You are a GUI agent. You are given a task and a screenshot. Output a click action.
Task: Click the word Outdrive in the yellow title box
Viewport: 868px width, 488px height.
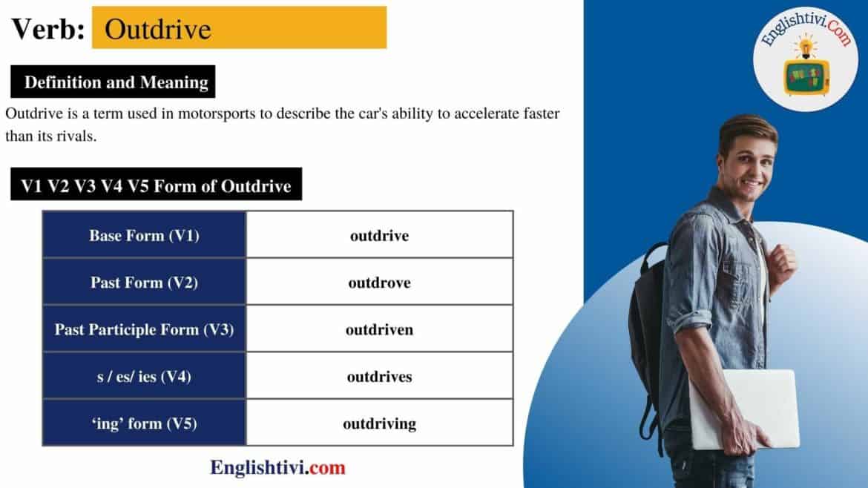point(157,29)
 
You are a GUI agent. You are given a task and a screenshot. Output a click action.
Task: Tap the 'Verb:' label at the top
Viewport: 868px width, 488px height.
point(47,29)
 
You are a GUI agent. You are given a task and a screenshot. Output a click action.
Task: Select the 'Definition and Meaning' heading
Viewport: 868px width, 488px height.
point(116,82)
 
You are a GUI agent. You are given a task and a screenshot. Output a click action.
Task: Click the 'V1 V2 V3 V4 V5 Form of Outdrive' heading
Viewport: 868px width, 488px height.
point(156,185)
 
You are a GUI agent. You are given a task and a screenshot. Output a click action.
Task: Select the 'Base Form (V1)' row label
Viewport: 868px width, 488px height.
point(144,236)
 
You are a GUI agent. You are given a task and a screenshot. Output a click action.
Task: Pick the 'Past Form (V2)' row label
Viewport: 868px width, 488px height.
point(144,283)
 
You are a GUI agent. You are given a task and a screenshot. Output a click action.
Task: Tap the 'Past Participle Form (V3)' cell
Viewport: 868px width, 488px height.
point(144,329)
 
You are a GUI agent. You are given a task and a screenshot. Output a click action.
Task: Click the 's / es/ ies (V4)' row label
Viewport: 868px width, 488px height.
point(144,377)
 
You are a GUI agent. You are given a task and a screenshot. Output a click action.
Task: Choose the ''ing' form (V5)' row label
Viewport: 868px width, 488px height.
point(144,423)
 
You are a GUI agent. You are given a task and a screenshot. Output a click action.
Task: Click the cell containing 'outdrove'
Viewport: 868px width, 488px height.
point(379,283)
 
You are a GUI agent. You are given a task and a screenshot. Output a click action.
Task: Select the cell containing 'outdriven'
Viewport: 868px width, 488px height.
point(379,329)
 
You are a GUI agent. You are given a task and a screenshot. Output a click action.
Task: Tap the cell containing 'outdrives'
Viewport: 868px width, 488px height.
point(379,377)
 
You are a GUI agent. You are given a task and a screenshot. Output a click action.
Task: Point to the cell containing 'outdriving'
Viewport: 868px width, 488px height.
point(379,423)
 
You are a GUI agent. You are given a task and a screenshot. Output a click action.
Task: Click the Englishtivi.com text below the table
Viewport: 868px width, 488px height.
point(277,468)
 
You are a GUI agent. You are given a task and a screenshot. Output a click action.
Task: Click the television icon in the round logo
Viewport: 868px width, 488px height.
point(805,74)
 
